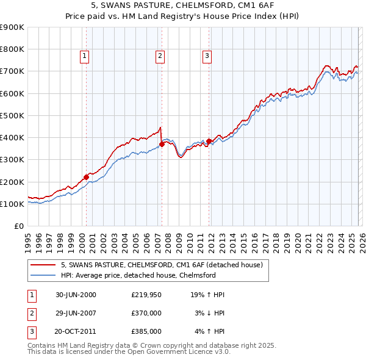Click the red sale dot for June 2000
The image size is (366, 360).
point(87,177)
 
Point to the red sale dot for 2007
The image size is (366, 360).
point(162,144)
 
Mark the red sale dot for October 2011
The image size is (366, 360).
point(209,141)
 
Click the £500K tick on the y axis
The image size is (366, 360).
point(12,115)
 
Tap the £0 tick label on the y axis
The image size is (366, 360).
point(20,226)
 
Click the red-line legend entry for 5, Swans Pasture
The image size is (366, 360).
point(162,265)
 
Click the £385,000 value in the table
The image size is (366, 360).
point(146,331)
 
